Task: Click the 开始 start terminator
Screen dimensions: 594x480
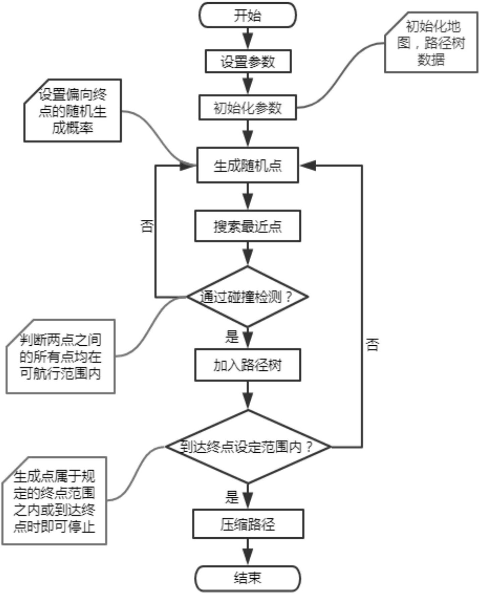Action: pyautogui.click(x=248, y=15)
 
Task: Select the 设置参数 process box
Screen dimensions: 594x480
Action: pyautogui.click(x=248, y=61)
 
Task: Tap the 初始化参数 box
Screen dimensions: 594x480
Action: pyautogui.click(x=248, y=108)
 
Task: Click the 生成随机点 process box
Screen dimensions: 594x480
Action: pyautogui.click(x=248, y=165)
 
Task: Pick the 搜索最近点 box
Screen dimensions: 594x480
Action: pyautogui.click(x=248, y=226)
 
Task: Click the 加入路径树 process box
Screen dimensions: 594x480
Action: pyautogui.click(x=248, y=365)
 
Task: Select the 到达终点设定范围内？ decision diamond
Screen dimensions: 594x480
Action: pyautogui.click(x=248, y=447)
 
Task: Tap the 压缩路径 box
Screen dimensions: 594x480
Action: pyautogui.click(x=248, y=524)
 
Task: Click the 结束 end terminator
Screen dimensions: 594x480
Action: pyautogui.click(x=248, y=578)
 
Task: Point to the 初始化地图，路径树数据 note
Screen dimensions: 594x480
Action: pyautogui.click(x=431, y=43)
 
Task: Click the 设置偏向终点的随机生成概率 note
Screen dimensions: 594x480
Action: pyautogui.click(x=72, y=111)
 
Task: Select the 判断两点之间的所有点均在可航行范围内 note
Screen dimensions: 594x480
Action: pyautogui.click(x=60, y=356)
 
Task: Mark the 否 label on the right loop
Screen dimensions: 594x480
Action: pyautogui.click(x=372, y=344)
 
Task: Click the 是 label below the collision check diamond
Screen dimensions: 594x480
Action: pyautogui.click(x=232, y=337)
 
